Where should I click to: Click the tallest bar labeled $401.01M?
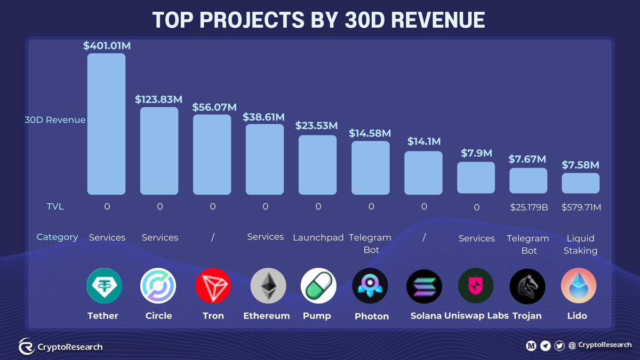point(107,124)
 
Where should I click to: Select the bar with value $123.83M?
point(159,150)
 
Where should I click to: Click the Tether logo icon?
point(104,286)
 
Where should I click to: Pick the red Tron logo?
point(213,286)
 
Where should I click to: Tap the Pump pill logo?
point(318,286)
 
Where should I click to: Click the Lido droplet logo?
point(578,286)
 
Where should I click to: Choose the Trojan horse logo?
point(527,286)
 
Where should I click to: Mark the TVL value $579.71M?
point(581,207)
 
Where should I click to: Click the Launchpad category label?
point(318,238)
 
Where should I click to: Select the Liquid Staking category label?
point(580,244)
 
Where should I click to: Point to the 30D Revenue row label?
point(55,120)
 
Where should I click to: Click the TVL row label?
point(54,206)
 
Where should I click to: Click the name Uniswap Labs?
point(476,316)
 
